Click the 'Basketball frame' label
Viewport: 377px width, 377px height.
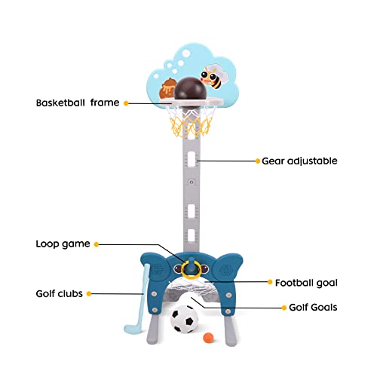[78, 103]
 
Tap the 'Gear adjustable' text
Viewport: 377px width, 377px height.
[299, 161]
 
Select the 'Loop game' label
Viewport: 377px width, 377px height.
[63, 244]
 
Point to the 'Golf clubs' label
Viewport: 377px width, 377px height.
[60, 293]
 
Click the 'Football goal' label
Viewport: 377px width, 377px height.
[306, 283]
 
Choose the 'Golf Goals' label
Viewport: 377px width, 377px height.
[313, 308]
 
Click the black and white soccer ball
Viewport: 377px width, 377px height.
[184, 319]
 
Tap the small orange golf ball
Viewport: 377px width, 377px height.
[208, 338]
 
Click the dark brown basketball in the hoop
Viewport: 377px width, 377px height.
[191, 91]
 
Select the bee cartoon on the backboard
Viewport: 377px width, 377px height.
[213, 77]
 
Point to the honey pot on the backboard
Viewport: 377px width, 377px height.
[167, 88]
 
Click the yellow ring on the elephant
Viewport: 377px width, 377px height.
[191, 270]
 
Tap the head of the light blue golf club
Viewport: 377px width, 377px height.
[133, 328]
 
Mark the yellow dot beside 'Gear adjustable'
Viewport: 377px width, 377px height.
[258, 161]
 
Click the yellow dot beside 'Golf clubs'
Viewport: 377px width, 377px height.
[89, 293]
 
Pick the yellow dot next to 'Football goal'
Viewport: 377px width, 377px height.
[270, 282]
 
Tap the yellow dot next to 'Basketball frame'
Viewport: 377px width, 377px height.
[126, 103]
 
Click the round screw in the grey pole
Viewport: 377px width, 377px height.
[192, 182]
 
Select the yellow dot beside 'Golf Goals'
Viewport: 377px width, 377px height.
[284, 308]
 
